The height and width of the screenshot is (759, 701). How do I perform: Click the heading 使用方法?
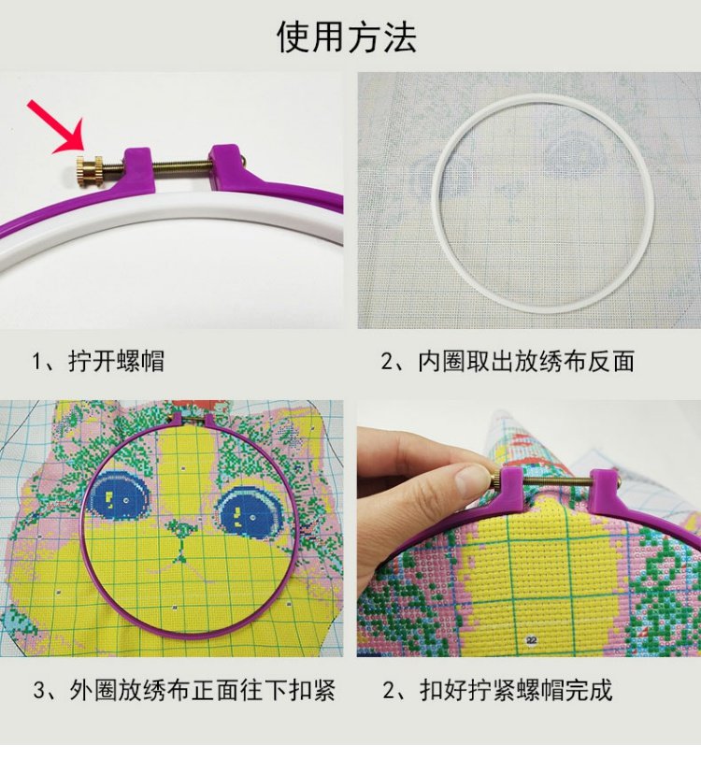347,36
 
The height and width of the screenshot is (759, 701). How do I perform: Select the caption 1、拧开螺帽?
99,361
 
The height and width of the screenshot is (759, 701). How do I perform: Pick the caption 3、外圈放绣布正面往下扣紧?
184,691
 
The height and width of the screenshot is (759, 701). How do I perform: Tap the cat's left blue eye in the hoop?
119,493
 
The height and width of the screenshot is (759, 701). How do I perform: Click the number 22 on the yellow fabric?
532,640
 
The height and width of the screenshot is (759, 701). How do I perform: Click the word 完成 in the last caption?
594,691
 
